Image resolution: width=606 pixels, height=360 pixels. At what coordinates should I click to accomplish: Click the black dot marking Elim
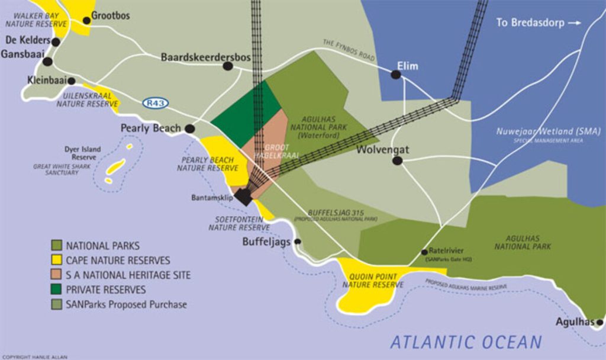(395, 75)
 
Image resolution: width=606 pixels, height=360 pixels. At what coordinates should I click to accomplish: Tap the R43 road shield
(155, 103)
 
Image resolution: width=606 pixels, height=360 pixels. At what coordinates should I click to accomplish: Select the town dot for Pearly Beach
(189, 128)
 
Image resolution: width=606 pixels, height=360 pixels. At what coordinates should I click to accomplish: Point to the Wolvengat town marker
(397, 160)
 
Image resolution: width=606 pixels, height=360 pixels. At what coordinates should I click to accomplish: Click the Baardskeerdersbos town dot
(227, 66)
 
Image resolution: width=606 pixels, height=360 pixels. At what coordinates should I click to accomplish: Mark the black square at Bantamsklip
(243, 197)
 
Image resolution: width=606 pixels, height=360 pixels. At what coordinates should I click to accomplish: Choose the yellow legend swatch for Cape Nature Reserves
(57, 260)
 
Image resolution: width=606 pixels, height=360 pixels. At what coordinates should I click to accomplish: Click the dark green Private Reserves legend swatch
(57, 290)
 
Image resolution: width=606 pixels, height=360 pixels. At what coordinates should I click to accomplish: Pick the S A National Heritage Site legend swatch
(57, 275)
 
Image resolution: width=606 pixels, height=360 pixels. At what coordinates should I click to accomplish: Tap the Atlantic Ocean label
(466, 342)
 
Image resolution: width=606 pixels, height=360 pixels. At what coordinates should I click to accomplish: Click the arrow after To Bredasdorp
(574, 23)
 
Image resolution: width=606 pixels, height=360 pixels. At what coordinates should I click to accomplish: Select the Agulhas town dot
(599, 323)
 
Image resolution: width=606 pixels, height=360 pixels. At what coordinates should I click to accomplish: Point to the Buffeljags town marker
(298, 242)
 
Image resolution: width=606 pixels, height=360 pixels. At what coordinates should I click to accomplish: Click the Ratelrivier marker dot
(424, 252)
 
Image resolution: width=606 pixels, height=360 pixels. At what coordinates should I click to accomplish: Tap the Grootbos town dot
(86, 20)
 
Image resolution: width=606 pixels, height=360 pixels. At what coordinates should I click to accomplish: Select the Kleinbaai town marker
(72, 81)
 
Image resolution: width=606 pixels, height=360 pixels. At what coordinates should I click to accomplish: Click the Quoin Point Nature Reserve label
(373, 280)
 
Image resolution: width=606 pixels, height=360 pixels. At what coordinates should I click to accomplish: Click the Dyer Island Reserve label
(82, 153)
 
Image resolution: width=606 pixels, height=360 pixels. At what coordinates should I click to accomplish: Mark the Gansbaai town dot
(47, 61)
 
